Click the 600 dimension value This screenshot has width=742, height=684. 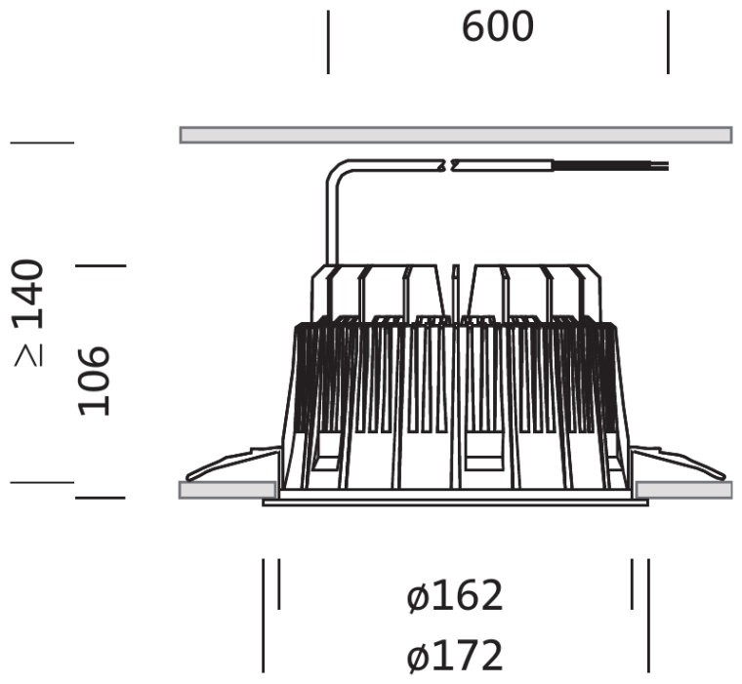click(x=497, y=27)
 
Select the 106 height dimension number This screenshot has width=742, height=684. click(x=94, y=382)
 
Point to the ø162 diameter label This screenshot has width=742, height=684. click(x=454, y=596)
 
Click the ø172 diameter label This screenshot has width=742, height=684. click(x=454, y=656)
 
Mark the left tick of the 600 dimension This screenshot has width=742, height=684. click(x=328, y=42)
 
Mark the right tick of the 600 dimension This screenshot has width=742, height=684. click(x=668, y=42)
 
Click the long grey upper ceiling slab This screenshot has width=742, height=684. click(x=456, y=135)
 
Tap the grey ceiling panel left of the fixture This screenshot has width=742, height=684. click(x=227, y=490)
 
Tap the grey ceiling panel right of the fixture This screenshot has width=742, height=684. click(x=683, y=490)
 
